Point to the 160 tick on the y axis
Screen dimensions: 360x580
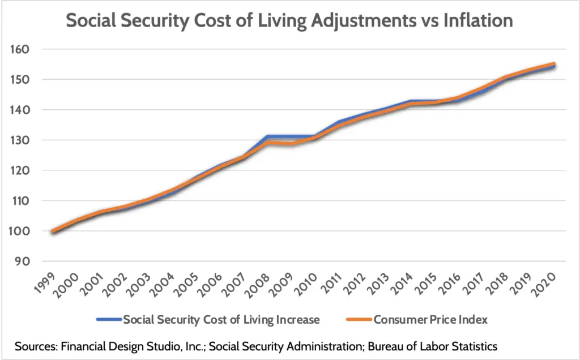click(22, 49)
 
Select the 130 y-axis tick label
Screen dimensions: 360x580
click(22, 140)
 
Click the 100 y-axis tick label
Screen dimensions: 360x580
click(22, 231)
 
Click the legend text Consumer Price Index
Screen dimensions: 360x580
click(430, 320)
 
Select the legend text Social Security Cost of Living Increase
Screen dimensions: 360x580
click(223, 320)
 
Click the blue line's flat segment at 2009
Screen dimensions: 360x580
click(290, 136)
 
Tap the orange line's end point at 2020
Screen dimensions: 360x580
click(553, 65)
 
